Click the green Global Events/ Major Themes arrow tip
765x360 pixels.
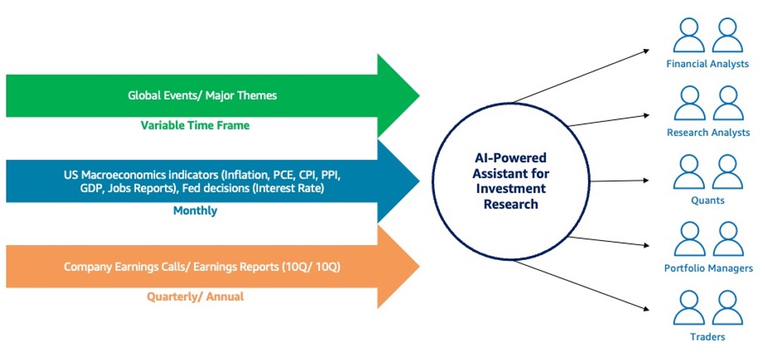[404, 95]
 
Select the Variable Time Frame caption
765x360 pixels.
[195, 125]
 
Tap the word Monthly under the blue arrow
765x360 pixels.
[195, 210]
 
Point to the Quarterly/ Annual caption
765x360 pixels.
[195, 296]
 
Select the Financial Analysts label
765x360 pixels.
[708, 64]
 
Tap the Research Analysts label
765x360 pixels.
[708, 133]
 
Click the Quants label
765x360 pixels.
[708, 201]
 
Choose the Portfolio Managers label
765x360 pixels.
[708, 269]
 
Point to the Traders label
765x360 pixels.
[708, 337]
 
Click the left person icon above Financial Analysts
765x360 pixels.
[688, 35]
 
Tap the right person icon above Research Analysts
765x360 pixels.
[727, 103]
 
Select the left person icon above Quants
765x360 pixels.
[688, 172]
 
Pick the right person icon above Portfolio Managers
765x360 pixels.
[727, 240]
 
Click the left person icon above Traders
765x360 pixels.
[688, 308]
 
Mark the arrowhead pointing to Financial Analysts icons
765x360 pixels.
[645, 50]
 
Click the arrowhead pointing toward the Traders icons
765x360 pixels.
[645, 308]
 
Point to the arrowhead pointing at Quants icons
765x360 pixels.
[646, 180]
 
